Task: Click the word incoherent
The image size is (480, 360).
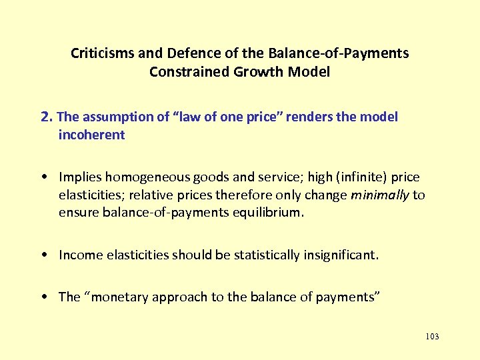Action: coord(91,135)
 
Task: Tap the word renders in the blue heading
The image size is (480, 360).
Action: coord(327,117)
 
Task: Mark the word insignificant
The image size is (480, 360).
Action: coord(339,255)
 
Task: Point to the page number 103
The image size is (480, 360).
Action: coord(431,337)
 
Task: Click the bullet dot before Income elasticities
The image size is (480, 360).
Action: coord(43,255)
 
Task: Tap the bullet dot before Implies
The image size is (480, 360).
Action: coord(43,178)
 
